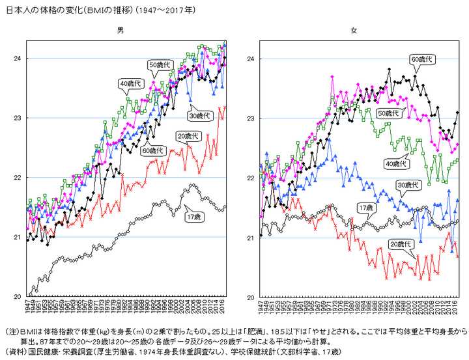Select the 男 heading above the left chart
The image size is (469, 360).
click(120, 30)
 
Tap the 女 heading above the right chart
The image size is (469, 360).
click(354, 30)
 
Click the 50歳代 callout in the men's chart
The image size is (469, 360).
click(160, 64)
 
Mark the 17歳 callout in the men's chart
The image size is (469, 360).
click(193, 216)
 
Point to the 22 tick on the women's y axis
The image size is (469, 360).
click(250, 178)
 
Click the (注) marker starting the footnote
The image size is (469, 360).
click(11, 330)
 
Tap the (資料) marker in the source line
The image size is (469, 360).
click(14, 352)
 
